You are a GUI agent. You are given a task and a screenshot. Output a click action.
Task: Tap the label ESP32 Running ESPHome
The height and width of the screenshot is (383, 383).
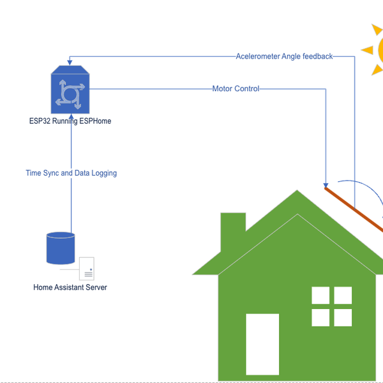(x=70, y=121)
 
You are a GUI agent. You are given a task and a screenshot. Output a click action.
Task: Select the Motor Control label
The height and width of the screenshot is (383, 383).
(x=236, y=89)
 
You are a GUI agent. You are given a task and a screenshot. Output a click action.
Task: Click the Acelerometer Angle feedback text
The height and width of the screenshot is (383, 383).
(x=284, y=56)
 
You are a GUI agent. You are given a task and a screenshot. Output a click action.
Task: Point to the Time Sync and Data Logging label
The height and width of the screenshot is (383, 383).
(x=71, y=173)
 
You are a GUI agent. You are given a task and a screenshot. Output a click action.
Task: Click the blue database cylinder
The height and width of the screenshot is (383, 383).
(x=61, y=248)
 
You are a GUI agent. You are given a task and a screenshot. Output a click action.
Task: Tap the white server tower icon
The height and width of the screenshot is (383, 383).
(x=87, y=269)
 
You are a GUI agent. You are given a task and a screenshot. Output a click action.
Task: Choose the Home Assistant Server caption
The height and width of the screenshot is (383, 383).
(x=70, y=287)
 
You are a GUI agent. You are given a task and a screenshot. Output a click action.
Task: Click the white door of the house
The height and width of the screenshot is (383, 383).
(x=262, y=344)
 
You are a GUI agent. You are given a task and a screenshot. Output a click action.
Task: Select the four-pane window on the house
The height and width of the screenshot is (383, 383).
(x=331, y=306)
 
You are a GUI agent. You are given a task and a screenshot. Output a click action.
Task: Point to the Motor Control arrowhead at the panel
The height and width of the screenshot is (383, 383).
(x=326, y=183)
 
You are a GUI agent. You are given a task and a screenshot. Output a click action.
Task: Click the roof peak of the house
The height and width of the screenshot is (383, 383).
(x=297, y=191)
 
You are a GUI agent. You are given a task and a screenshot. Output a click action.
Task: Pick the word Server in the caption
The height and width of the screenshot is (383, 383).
(x=96, y=287)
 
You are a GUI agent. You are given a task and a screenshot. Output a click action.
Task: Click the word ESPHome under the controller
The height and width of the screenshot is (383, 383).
(x=95, y=121)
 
